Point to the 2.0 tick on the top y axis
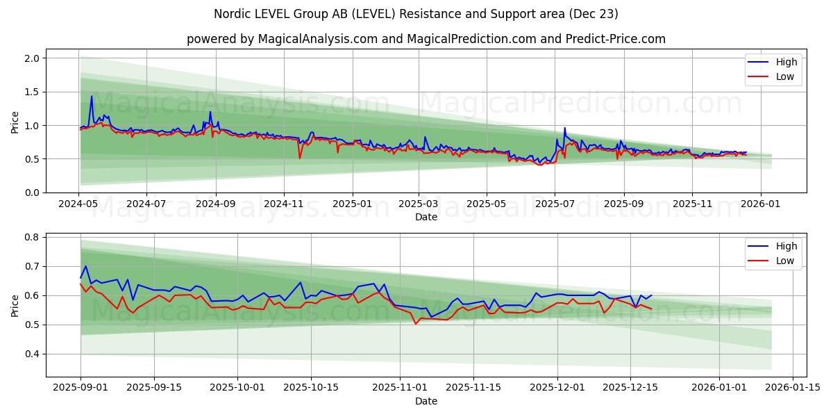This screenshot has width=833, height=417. click(31, 58)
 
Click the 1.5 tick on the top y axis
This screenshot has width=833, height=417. click(31, 92)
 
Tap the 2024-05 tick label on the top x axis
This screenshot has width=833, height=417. click(79, 204)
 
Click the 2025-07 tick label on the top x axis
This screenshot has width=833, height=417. click(554, 204)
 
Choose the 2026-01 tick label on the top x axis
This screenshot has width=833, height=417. click(761, 204)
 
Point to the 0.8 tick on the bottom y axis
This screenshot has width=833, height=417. click(31, 237)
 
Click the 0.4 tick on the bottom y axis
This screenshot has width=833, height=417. click(31, 354)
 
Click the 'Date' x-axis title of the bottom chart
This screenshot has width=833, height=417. click(426, 401)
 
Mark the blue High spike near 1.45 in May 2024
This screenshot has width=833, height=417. click(91, 97)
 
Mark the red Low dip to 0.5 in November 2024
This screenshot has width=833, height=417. click(300, 158)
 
